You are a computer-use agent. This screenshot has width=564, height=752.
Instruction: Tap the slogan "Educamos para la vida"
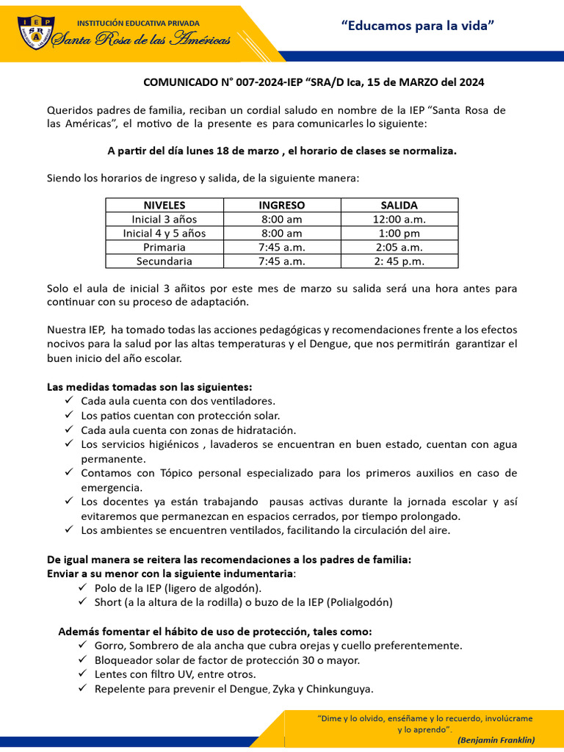[418, 26]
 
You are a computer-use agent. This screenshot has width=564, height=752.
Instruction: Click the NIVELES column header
[164, 205]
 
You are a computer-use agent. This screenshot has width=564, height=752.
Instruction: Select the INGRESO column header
[281, 205]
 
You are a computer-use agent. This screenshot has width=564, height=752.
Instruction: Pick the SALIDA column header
[399, 205]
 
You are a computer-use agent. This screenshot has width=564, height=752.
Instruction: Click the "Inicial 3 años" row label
[164, 219]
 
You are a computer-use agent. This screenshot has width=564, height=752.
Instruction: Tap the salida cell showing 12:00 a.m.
[399, 219]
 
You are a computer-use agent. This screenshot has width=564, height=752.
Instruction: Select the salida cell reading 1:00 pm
[399, 233]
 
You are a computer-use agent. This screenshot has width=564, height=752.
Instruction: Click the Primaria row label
[164, 247]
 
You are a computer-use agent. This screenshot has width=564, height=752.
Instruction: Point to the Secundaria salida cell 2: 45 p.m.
[399, 261]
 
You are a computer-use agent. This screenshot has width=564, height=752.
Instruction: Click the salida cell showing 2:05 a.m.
[399, 247]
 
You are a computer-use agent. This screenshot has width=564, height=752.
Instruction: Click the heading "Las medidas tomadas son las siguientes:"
[150, 386]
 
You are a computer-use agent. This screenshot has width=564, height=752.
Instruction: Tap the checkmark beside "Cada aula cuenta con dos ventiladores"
[68, 400]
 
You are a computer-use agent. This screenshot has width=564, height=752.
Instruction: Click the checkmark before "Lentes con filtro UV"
[82, 673]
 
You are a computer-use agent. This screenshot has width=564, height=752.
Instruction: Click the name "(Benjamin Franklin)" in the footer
[496, 740]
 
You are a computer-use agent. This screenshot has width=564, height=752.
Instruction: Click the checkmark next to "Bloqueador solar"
[82, 659]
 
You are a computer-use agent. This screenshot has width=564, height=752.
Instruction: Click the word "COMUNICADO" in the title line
[176, 83]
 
